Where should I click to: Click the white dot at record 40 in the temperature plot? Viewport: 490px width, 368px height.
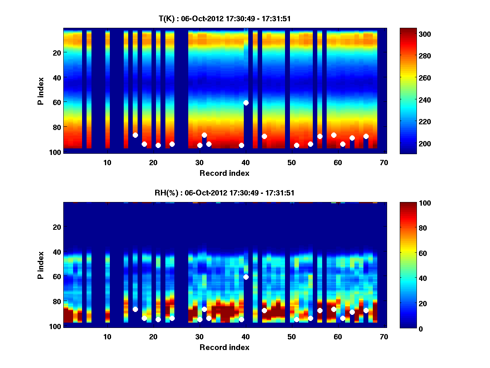(x=246, y=103)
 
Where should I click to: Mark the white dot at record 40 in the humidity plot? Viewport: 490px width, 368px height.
(x=246, y=277)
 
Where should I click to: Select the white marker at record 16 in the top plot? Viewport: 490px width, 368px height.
(x=135, y=135)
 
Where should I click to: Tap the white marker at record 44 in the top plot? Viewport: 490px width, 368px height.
(x=264, y=136)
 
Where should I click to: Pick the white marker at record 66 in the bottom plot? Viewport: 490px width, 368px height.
(x=366, y=310)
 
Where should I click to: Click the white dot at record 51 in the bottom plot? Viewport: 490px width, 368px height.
(x=296, y=319)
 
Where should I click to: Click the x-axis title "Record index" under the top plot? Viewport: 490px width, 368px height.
(x=224, y=173)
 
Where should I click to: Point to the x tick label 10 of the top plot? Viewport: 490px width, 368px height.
(x=107, y=162)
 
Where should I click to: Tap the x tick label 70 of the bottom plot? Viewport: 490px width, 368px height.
(x=384, y=337)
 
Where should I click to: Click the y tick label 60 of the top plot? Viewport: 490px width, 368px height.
(x=56, y=102)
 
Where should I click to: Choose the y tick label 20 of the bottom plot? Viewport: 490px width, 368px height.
(x=56, y=227)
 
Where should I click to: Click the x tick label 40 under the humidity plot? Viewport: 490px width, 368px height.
(x=245, y=337)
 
